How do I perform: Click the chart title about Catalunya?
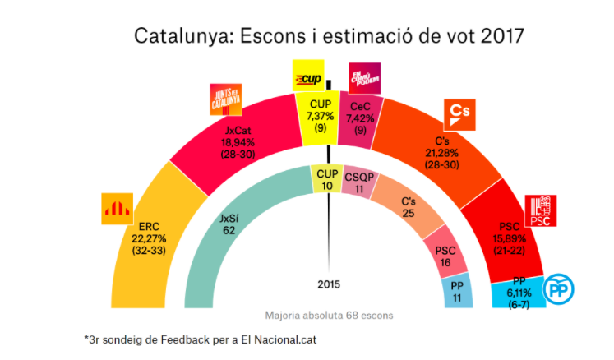coord(328,38)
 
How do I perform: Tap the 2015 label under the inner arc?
coord(328,285)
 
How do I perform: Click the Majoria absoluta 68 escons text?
coord(328,316)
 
